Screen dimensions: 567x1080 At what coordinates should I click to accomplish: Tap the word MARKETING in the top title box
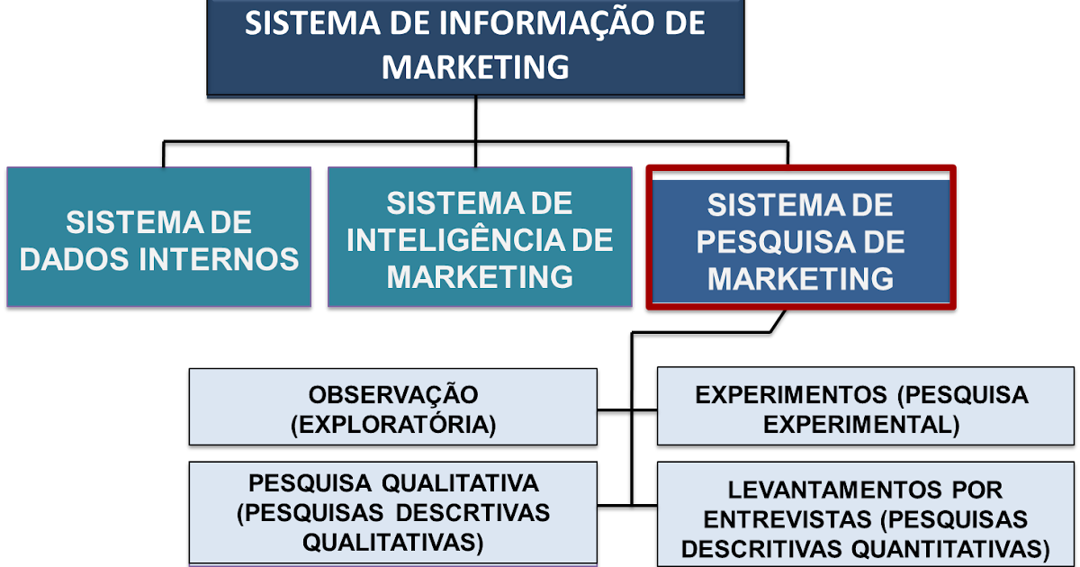475,67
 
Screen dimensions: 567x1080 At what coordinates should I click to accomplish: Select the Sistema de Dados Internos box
158,238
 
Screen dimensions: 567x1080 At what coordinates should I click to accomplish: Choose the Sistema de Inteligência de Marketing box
480,238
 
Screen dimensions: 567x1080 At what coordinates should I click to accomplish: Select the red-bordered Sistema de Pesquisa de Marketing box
800,238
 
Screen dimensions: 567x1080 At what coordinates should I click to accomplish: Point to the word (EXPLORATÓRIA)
393,424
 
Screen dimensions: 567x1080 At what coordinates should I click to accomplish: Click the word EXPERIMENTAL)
861,424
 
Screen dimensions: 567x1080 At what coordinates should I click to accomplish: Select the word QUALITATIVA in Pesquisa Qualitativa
461,483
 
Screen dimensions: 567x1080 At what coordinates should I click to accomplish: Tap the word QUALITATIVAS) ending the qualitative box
393,543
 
